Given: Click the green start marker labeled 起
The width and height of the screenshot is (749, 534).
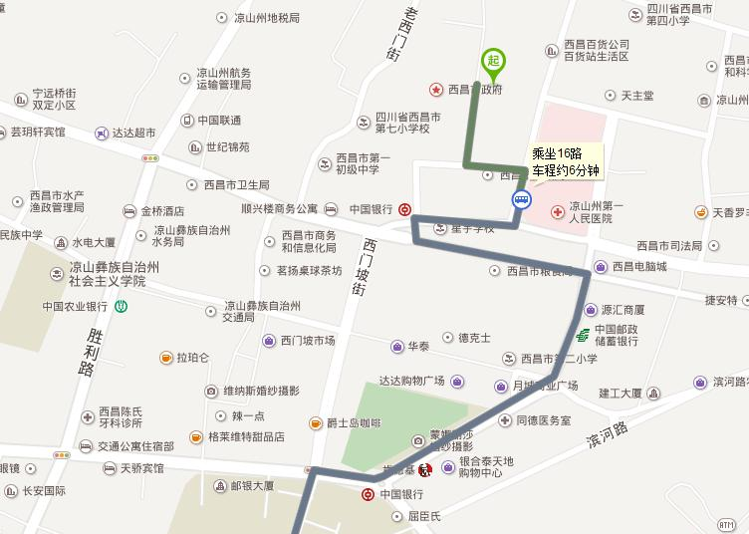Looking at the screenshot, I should (x=492, y=62).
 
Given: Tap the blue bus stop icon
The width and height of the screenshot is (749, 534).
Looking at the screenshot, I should (x=521, y=199).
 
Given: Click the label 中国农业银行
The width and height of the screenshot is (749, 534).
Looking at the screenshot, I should (x=75, y=307).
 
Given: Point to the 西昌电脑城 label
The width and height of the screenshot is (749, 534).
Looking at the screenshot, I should (x=638, y=267).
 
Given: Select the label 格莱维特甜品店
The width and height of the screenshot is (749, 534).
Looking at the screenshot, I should (x=244, y=436).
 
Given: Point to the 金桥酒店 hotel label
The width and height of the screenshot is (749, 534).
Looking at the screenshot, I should (x=162, y=211).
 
